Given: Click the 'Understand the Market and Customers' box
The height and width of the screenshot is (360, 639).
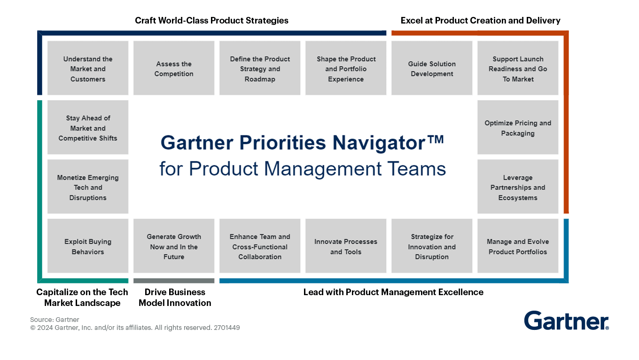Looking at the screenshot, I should (88, 69).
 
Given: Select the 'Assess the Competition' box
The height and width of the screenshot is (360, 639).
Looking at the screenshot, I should (174, 69).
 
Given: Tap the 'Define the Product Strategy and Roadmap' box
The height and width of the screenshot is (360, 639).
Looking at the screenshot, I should (260, 69).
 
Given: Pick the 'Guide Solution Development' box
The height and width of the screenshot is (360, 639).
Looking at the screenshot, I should (432, 69).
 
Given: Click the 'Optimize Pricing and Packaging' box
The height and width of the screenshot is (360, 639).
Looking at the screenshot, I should (518, 128).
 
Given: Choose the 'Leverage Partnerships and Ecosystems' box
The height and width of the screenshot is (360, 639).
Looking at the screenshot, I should (518, 187).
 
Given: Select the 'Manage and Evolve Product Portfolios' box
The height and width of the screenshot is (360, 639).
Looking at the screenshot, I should (518, 246).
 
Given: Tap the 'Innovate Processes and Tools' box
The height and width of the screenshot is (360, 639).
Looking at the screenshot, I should (346, 246).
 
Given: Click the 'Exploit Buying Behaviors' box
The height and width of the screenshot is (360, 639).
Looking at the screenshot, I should (88, 246).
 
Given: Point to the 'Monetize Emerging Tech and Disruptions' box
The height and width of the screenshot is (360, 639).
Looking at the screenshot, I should (88, 187).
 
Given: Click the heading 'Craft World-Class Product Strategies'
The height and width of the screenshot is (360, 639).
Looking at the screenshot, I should (211, 21).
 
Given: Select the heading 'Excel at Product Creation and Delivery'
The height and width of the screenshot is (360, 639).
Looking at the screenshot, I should (480, 21).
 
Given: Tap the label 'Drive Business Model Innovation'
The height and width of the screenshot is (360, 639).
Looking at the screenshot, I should (175, 297).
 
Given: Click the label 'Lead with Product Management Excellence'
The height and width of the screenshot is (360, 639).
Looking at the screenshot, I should (393, 292).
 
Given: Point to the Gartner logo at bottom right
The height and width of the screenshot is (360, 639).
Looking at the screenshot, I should (566, 321).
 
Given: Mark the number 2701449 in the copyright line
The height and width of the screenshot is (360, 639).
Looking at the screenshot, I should (226, 328).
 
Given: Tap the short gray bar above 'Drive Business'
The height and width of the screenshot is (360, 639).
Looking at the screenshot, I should (174, 281).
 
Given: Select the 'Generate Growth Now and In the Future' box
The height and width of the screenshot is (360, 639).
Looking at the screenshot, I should (174, 246).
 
